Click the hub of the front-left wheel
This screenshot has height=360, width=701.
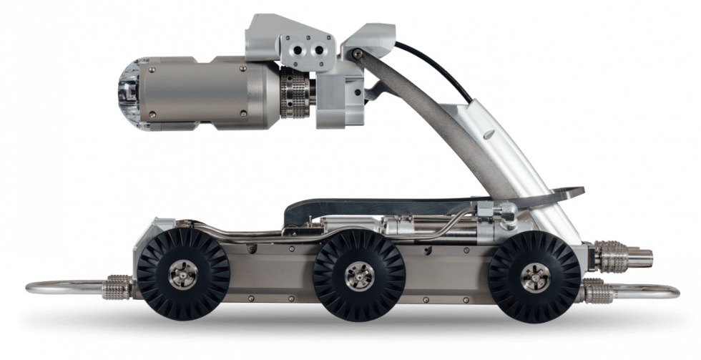point(183,275)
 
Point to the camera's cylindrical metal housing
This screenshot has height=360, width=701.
point(207,94)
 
